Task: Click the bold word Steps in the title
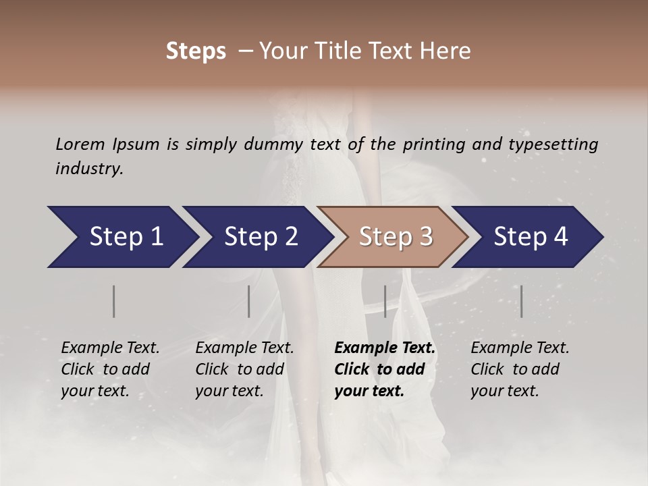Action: [x=196, y=51]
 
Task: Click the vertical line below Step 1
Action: [x=114, y=301]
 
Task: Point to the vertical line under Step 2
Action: [x=249, y=301]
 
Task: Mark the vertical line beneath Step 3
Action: [x=385, y=301]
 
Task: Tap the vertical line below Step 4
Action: [x=521, y=301]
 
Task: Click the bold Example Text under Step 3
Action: [x=385, y=348]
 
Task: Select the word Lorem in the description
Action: [x=80, y=144]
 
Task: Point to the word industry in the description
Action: [x=89, y=169]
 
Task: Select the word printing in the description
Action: [x=435, y=144]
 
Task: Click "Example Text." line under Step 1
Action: [x=110, y=348]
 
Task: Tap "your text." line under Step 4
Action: [x=504, y=391]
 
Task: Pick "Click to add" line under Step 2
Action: [x=240, y=369]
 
